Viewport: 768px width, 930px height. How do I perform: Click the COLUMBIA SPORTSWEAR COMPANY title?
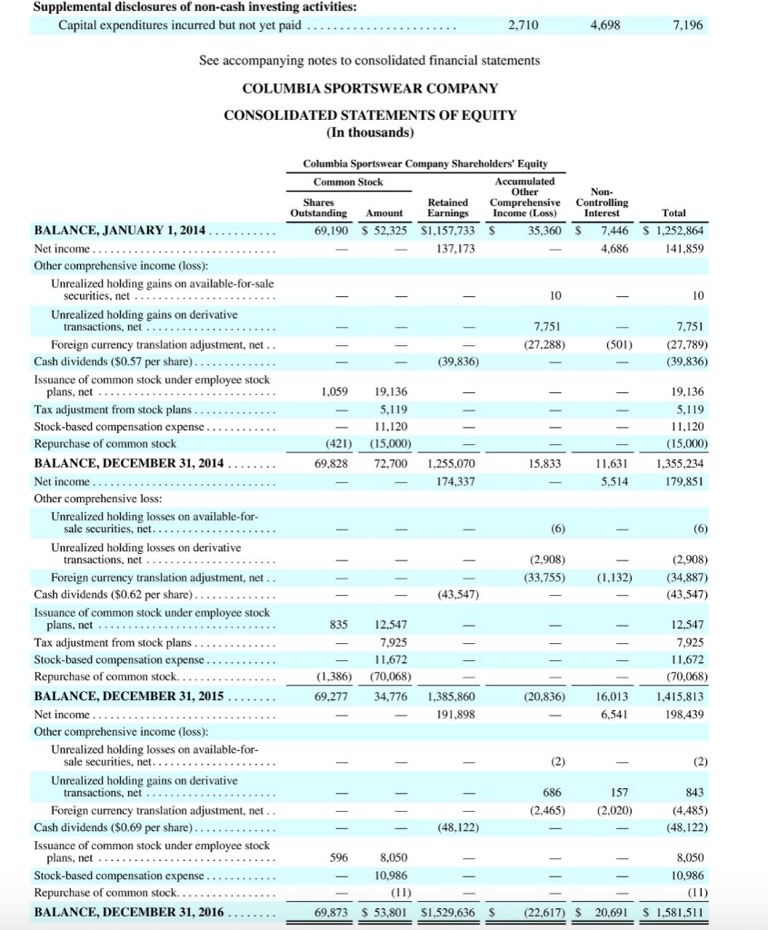point(370,88)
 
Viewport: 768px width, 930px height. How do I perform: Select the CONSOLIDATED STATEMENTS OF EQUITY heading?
point(370,115)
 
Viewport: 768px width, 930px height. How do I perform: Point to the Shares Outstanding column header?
point(318,208)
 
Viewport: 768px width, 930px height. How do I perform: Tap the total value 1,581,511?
point(677,911)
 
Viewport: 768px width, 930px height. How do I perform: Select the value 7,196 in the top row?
point(688,25)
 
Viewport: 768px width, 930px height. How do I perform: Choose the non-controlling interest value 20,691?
point(611,911)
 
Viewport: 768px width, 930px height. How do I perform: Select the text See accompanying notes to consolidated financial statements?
point(369,60)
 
